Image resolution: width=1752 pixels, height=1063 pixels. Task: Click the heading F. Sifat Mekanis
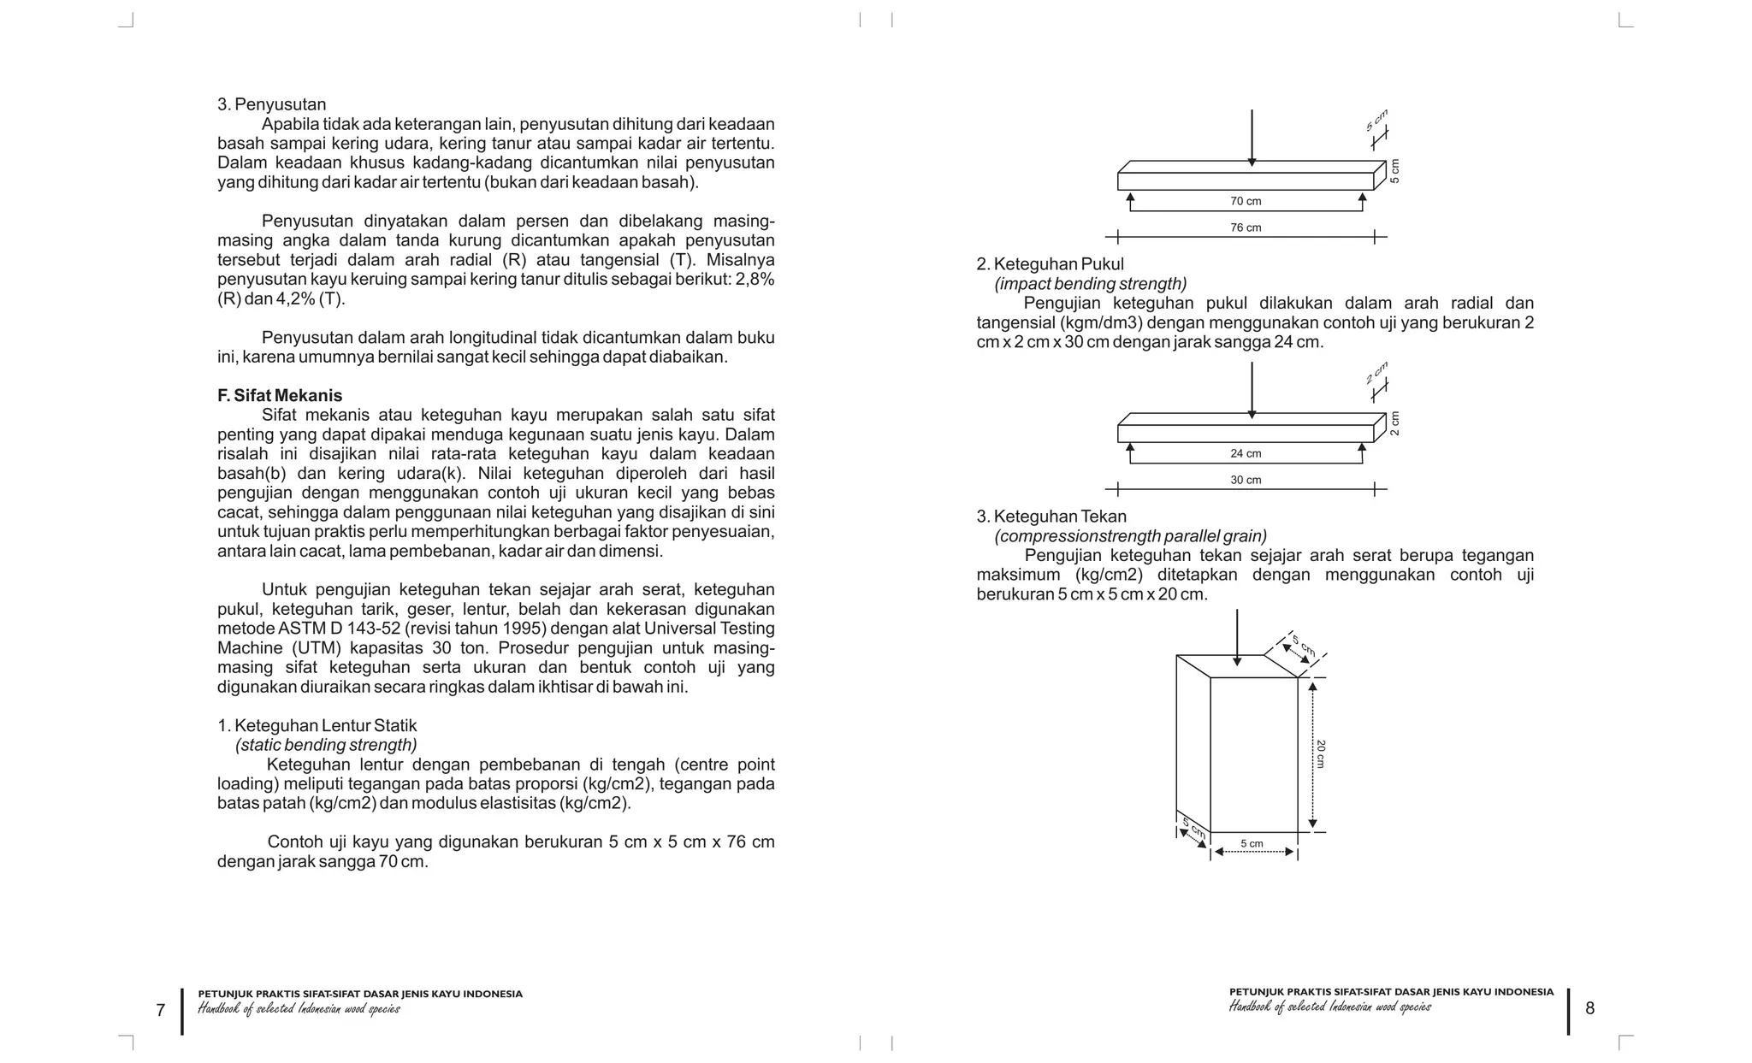(280, 395)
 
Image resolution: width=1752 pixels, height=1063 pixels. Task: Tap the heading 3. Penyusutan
(271, 104)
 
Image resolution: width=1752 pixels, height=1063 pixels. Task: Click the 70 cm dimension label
(1246, 202)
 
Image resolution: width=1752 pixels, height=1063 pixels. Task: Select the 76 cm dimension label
(1246, 228)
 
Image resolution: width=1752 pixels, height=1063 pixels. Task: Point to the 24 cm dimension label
(1246, 454)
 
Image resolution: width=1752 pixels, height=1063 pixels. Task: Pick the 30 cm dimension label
(1246, 481)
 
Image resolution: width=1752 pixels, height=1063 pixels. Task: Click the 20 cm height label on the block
(1321, 753)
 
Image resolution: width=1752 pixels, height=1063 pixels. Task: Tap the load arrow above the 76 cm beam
(1252, 137)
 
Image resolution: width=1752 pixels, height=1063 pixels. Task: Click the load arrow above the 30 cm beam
(1252, 389)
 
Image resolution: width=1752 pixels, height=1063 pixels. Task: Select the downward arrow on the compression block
(1236, 637)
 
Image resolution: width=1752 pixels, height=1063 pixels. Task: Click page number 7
(160, 1010)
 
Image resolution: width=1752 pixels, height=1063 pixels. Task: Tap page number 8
(1589, 1008)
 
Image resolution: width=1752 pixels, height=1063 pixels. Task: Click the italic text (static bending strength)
(326, 745)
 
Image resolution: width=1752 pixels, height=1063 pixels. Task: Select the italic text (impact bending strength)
(1090, 284)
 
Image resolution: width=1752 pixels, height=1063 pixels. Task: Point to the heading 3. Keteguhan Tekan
(1051, 517)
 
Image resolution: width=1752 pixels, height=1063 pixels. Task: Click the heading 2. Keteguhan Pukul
(1050, 264)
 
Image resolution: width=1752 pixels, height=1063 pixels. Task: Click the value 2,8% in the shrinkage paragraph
(755, 280)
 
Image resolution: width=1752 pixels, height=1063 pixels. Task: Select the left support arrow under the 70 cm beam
(1130, 202)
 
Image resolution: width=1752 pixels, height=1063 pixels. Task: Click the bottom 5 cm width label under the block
(1252, 844)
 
